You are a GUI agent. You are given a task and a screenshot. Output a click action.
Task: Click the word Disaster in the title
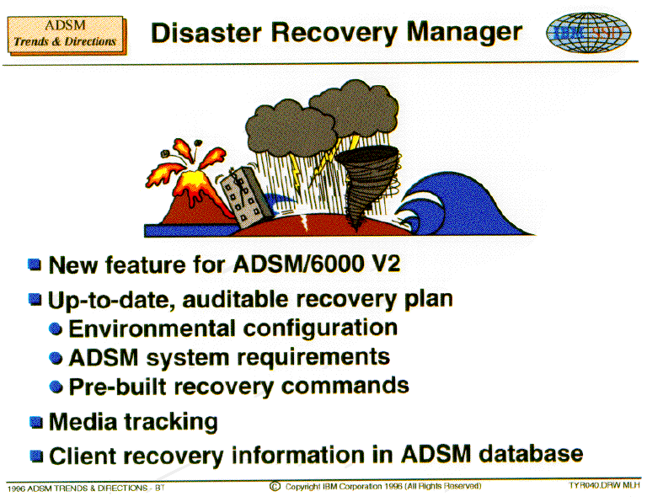(x=206, y=33)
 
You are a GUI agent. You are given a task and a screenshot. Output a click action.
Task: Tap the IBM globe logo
(x=588, y=32)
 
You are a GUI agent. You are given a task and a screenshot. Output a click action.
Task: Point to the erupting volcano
(x=188, y=185)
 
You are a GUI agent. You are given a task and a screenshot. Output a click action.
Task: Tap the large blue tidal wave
(x=463, y=205)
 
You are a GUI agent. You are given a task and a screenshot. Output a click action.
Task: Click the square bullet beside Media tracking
(x=36, y=422)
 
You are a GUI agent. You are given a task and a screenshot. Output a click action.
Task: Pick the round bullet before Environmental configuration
(x=56, y=328)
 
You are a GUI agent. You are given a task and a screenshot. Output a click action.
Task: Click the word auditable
(x=235, y=299)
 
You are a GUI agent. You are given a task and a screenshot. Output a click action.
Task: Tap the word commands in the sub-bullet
(x=345, y=386)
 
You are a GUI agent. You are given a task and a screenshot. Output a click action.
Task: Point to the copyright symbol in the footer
(x=275, y=487)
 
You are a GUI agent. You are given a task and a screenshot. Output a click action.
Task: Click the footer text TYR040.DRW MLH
(x=604, y=485)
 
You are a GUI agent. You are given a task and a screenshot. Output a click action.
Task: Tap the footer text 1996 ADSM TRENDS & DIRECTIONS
(x=78, y=489)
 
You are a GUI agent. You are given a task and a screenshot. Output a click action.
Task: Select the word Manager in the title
(x=464, y=33)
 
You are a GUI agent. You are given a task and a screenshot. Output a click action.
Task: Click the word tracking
(x=171, y=422)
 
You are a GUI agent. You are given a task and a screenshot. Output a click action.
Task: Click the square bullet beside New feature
(x=35, y=264)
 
